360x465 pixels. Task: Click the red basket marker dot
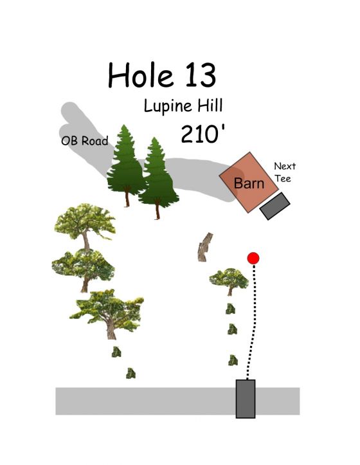click(253, 259)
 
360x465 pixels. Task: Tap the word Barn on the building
click(249, 183)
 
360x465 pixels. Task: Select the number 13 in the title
click(201, 75)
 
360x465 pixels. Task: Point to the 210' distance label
click(203, 134)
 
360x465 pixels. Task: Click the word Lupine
click(168, 106)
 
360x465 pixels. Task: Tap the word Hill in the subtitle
click(210, 105)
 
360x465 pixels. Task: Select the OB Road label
click(84, 141)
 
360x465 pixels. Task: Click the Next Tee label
click(284, 172)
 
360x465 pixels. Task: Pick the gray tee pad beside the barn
click(274, 206)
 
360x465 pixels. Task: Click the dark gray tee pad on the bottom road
click(246, 399)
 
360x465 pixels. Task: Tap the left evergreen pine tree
click(126, 165)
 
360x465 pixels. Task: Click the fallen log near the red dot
click(205, 247)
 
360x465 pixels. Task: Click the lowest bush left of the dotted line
click(233, 360)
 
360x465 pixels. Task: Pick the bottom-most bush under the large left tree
click(130, 373)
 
